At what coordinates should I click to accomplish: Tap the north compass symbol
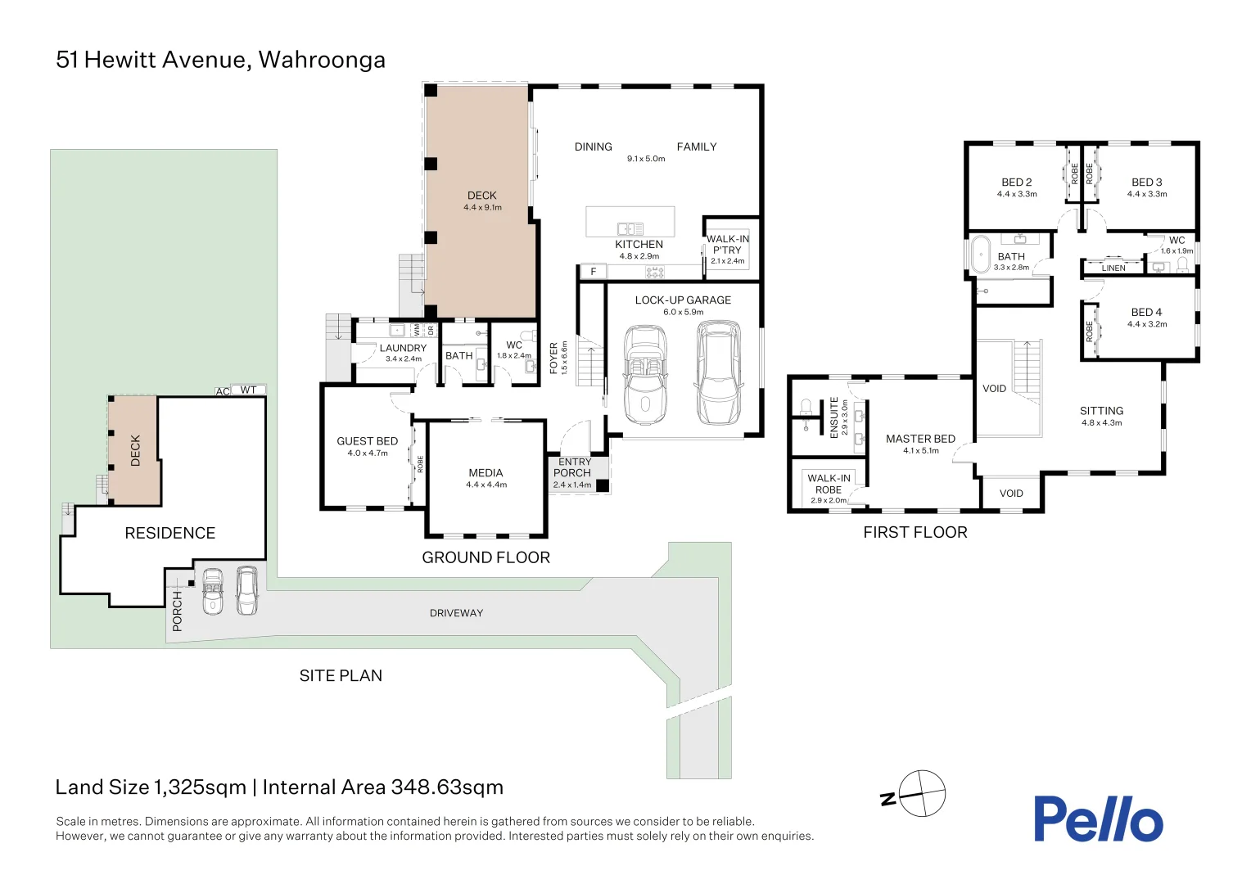(x=915, y=793)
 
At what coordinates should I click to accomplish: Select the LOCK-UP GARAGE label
(x=683, y=300)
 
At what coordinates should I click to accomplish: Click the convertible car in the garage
(x=644, y=375)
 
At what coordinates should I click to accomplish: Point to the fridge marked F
(x=594, y=272)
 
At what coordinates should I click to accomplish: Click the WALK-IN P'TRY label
(x=728, y=245)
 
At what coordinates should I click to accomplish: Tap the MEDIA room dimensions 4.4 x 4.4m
(x=486, y=485)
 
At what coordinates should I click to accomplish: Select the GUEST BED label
(x=367, y=441)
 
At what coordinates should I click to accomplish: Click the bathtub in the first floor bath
(x=981, y=255)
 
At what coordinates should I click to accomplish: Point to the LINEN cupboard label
(x=1113, y=268)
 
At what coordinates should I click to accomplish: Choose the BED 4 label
(x=1146, y=312)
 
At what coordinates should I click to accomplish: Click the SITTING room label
(x=1101, y=410)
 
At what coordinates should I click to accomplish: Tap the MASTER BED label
(x=920, y=439)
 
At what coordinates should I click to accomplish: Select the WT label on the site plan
(x=248, y=390)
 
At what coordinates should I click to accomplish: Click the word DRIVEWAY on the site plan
(x=456, y=613)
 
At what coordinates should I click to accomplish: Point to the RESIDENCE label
(x=169, y=534)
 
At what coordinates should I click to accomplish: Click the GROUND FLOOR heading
(x=485, y=557)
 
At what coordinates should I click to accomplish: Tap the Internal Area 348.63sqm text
(x=383, y=787)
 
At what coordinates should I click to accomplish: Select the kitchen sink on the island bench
(x=630, y=228)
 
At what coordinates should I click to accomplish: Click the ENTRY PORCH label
(x=573, y=467)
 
